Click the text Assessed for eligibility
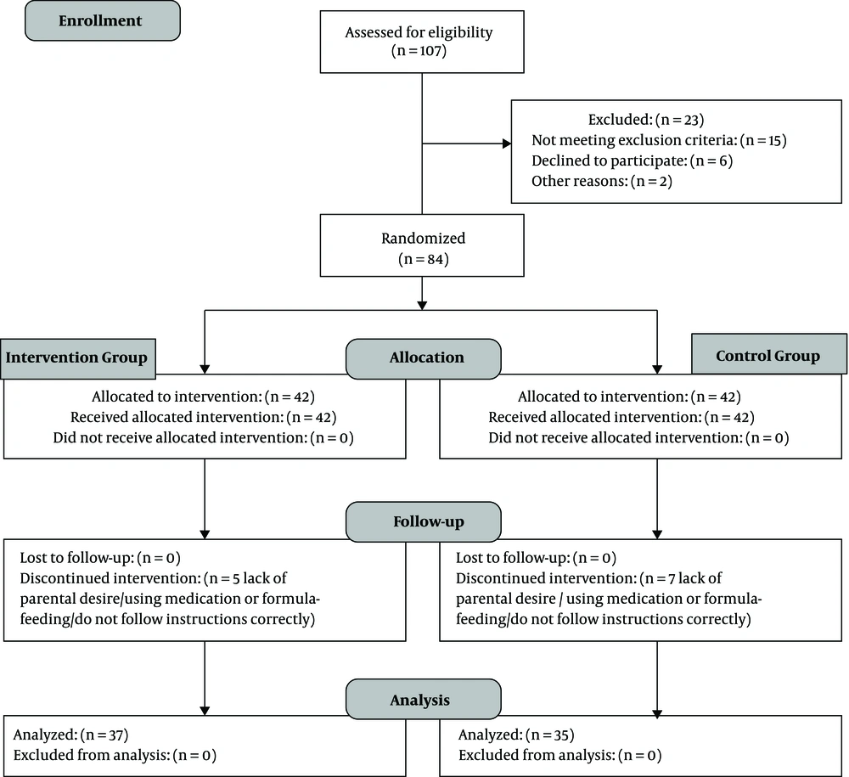419,32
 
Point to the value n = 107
419,51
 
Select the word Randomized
424,239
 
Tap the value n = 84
424,259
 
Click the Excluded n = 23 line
646,120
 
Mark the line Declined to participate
632,160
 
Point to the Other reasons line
602,182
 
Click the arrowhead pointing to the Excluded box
508,144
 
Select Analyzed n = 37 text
71,735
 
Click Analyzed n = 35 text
516,735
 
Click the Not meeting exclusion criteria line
659,140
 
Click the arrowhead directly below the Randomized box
422,306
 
